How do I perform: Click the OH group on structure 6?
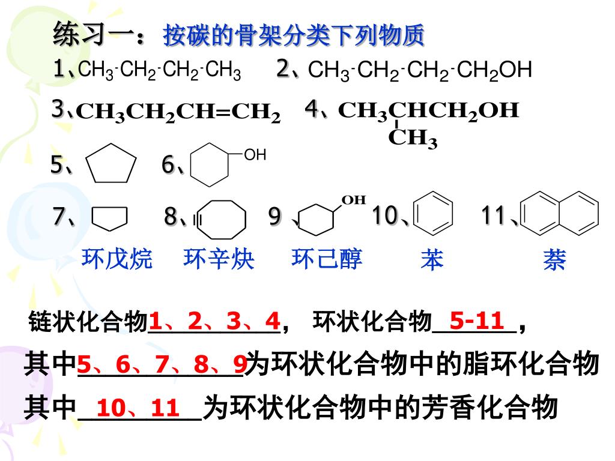[x=255, y=155]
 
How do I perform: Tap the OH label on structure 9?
[x=354, y=200]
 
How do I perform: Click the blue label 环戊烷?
[x=117, y=259]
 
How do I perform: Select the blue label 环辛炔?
[x=219, y=259]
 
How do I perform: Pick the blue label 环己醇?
[x=327, y=259]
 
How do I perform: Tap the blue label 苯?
[x=432, y=260]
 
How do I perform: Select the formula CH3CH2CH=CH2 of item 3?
[x=178, y=112]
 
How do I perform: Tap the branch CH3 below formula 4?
[x=413, y=139]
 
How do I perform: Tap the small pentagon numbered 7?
[x=110, y=218]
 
